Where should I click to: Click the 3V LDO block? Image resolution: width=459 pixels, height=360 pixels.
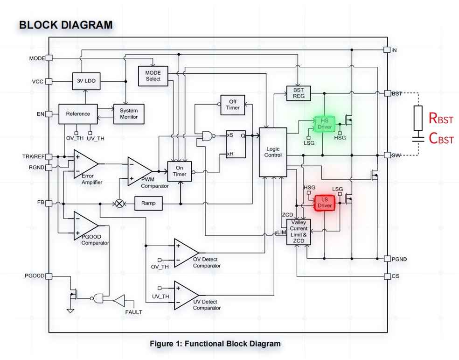tap(86, 81)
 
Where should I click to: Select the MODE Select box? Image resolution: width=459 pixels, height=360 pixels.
tap(153, 76)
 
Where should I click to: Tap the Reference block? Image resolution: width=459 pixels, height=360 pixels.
tap(78, 114)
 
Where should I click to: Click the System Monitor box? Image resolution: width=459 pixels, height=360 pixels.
tap(129, 114)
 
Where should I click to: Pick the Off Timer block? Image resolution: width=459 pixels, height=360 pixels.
tap(233, 105)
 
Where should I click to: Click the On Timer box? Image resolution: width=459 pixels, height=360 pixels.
tap(180, 171)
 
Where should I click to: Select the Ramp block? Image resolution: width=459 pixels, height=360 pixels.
tap(148, 203)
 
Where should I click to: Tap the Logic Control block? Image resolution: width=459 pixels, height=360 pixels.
tap(273, 152)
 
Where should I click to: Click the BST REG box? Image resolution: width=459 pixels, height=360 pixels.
tap(298, 93)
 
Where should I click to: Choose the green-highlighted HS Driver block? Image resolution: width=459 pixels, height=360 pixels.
tap(325, 124)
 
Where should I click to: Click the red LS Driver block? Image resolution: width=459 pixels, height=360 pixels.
tap(325, 203)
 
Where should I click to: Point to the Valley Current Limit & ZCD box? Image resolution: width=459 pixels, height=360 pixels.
tap(299, 232)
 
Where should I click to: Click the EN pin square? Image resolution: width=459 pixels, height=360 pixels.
tap(49, 114)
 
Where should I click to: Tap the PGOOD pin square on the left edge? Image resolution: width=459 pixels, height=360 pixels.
tap(49, 276)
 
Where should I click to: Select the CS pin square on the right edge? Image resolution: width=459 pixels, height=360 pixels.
tap(387, 276)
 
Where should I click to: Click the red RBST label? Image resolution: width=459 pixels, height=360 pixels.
tap(441, 118)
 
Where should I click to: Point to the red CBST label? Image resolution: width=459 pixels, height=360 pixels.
tap(441, 138)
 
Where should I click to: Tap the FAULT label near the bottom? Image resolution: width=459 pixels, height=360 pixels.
tap(134, 312)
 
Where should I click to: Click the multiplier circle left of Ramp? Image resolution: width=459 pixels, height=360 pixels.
tap(119, 204)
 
